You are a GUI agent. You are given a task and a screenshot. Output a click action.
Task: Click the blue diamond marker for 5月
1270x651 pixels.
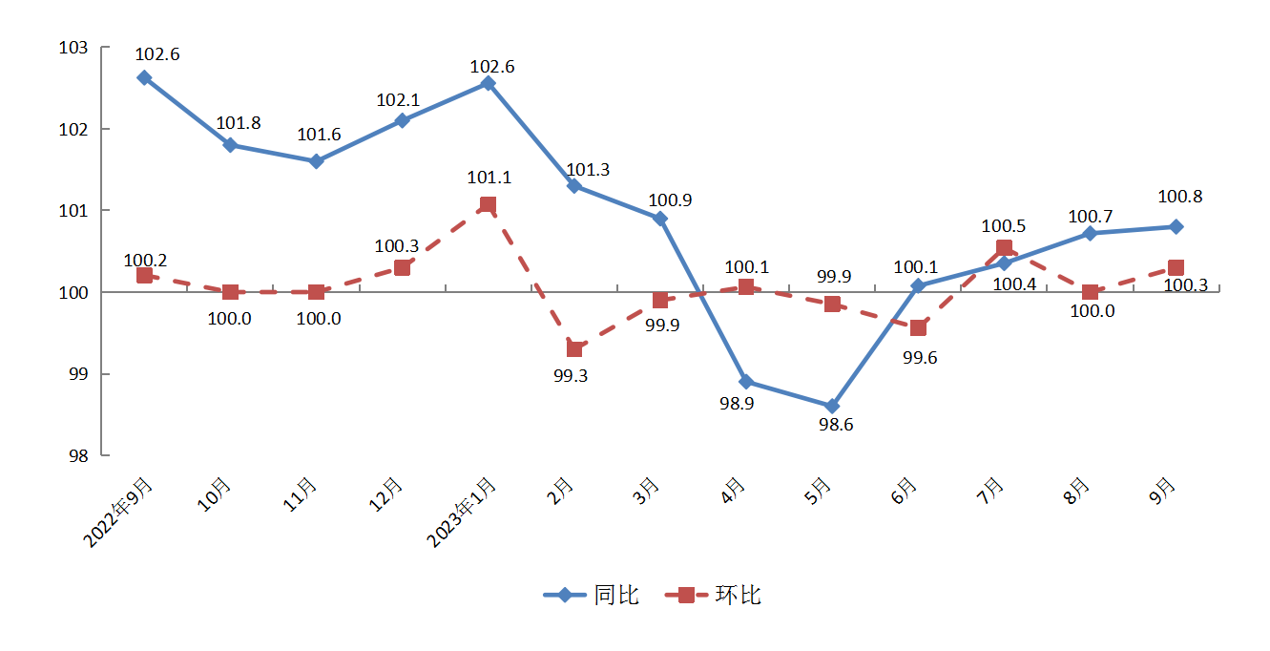click(x=832, y=407)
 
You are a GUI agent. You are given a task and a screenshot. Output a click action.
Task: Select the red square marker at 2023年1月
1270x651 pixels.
click(x=488, y=204)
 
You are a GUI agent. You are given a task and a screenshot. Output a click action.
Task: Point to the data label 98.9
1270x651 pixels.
click(x=737, y=404)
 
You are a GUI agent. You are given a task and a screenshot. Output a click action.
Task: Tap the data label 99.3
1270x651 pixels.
click(x=571, y=375)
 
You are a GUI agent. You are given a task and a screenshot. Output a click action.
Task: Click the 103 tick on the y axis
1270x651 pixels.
click(x=73, y=48)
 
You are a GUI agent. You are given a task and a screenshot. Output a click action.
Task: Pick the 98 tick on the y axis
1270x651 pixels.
click(x=78, y=455)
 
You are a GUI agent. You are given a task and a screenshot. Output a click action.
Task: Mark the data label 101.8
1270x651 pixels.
click(x=239, y=123)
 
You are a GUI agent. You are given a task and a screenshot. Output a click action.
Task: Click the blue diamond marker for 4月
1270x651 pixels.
click(x=745, y=382)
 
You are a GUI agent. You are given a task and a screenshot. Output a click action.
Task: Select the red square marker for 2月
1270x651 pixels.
click(x=573, y=348)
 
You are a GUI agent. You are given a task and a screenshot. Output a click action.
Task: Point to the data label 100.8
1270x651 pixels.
click(x=1179, y=198)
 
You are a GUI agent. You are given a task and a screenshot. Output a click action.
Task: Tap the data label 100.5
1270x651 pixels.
click(x=1003, y=227)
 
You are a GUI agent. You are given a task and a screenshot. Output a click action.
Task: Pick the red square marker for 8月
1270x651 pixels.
click(x=1090, y=292)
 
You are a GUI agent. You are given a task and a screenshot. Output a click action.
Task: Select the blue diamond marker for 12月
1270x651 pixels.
click(x=402, y=120)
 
